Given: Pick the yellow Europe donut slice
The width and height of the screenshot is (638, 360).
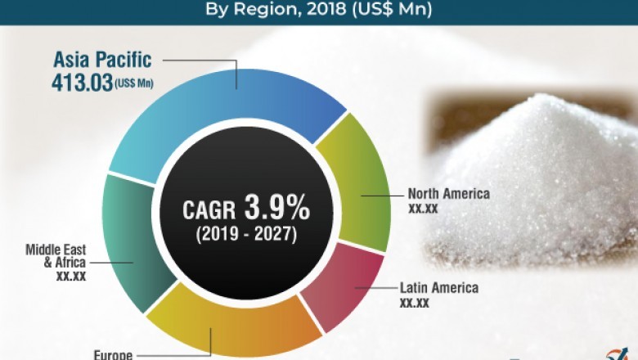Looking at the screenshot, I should tap(237, 327).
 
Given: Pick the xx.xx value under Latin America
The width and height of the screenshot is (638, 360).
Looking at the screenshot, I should tap(415, 303).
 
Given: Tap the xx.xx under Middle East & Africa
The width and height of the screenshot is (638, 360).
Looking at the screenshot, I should tap(69, 277).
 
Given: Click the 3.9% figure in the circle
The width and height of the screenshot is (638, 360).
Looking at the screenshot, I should tap(279, 209).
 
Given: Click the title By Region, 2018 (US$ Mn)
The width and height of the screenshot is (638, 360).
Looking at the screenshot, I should tap(318, 11).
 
